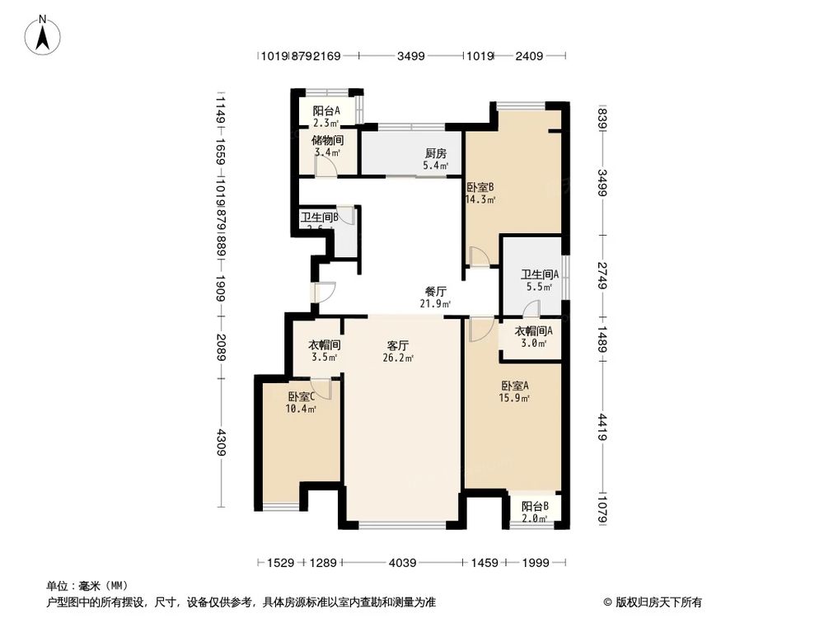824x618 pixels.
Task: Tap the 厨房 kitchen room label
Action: tap(436, 153)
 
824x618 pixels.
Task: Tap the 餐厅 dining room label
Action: tap(435, 292)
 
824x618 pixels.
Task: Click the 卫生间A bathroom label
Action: tap(540, 275)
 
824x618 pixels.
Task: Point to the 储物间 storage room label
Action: tap(326, 140)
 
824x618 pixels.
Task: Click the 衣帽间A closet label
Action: tap(533, 331)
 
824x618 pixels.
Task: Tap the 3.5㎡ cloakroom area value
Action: tap(325, 358)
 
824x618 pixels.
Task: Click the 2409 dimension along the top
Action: tap(530, 57)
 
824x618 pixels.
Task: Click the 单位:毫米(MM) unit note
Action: tap(81, 586)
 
